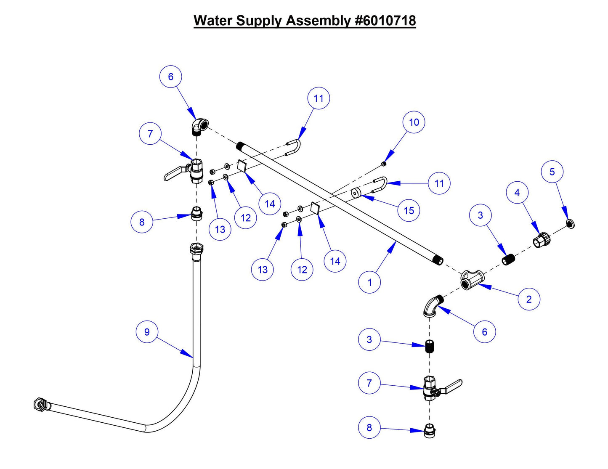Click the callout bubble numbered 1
369,282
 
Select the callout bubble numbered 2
528,299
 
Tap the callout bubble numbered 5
552,172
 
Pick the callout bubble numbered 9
147,332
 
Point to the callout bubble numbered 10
414,122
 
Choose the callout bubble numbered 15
409,211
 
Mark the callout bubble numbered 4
517,193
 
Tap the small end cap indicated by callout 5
570,223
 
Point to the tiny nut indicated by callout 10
383,164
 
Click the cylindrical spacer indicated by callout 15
356,193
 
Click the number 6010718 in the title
385,21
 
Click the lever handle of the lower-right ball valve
453,384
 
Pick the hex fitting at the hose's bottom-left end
40,404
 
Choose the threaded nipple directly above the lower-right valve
429,346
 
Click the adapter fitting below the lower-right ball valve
429,432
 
